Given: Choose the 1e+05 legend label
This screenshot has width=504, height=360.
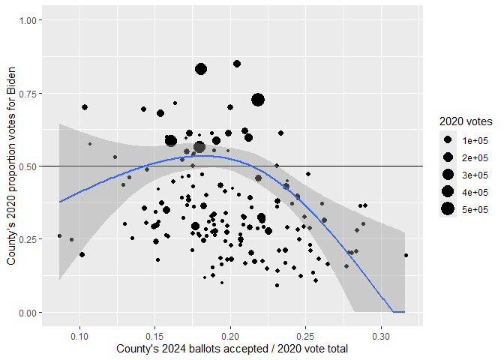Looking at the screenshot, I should click(475, 140).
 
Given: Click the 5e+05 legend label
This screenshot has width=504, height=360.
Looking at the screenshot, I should click(475, 209).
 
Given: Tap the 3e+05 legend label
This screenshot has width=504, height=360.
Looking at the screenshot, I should click(475, 175).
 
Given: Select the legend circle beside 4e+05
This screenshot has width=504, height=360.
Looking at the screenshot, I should click(447, 192).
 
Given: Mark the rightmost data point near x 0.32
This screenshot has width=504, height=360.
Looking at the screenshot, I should click(406, 256).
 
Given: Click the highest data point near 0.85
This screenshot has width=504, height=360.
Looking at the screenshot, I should click(237, 64).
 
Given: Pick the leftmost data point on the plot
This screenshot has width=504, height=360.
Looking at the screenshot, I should click(59, 236).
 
